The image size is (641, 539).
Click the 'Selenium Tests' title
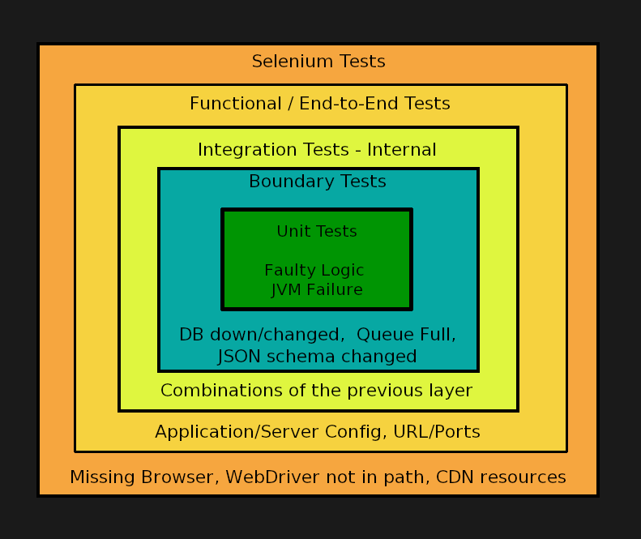pyautogui.click(x=318, y=62)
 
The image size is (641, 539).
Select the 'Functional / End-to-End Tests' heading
pyautogui.click(x=319, y=104)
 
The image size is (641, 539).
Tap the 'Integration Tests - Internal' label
pyautogui.click(x=317, y=150)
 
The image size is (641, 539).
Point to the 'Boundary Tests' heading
pyautogui.click(x=318, y=182)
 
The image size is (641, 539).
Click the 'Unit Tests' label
pyautogui.click(x=317, y=232)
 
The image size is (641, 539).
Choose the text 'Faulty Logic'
pyautogui.click(x=314, y=271)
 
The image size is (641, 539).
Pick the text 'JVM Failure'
pyautogui.click(x=317, y=290)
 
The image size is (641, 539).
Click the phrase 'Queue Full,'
pyautogui.click(x=406, y=335)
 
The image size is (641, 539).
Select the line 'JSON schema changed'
pyautogui.click(x=317, y=357)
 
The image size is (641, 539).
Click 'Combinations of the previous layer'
pyautogui.click(x=316, y=391)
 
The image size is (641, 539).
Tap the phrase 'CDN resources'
pyautogui.click(x=501, y=477)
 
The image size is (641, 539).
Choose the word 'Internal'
pyautogui.click(x=401, y=150)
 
